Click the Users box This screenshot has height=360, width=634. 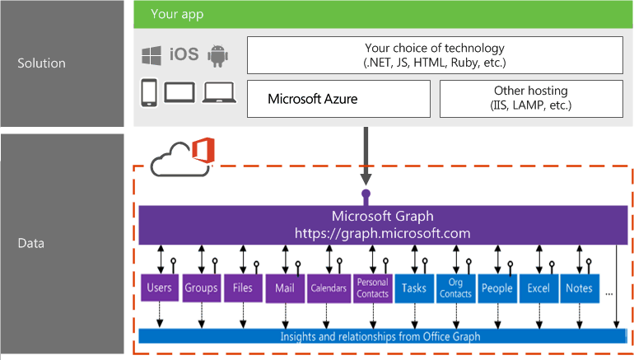(x=158, y=288)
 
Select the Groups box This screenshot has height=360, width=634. (x=201, y=288)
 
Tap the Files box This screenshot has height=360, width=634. (x=243, y=288)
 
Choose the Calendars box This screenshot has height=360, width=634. (x=329, y=288)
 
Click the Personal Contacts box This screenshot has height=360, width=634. (x=372, y=288)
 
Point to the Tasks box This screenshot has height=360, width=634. (x=414, y=288)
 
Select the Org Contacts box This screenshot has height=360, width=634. (x=455, y=288)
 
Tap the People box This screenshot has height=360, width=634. (x=497, y=288)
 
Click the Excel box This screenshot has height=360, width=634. (x=538, y=288)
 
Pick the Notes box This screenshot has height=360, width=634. (x=580, y=288)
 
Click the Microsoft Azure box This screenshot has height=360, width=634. (x=338, y=99)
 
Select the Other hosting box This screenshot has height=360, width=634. (x=531, y=99)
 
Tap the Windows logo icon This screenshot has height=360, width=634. (x=152, y=54)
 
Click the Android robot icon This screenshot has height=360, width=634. (x=217, y=54)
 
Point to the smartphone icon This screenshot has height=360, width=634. (x=149, y=92)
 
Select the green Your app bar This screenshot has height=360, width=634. (x=384, y=15)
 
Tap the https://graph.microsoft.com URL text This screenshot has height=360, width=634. (x=382, y=233)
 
